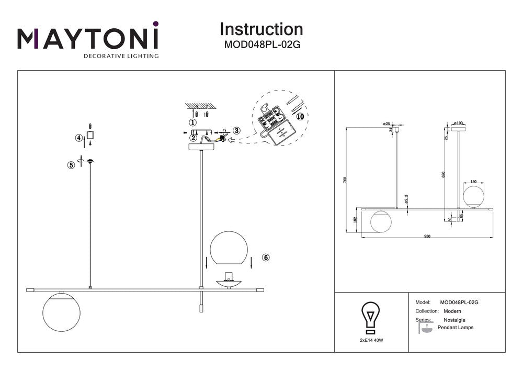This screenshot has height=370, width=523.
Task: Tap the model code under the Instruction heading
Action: (261, 44)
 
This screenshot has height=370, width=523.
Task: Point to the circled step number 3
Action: (236, 130)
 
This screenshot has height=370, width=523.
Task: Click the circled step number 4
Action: (79, 138)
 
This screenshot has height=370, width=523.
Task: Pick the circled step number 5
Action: (71, 165)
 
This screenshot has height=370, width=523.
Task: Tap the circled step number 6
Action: (266, 257)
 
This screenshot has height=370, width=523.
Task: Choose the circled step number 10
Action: (299, 116)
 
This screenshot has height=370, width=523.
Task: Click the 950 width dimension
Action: (427, 237)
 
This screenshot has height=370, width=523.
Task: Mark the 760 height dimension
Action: (345, 180)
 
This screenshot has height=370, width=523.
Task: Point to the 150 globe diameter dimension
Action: (474, 182)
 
